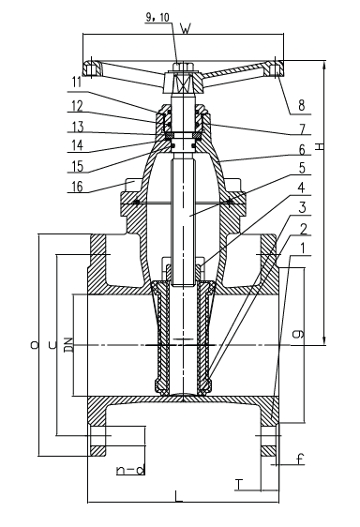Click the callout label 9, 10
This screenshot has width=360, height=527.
tap(158, 18)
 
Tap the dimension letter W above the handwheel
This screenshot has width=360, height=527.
tap(186, 29)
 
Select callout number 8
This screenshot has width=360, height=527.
tap(302, 105)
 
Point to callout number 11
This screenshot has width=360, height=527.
tap(77, 83)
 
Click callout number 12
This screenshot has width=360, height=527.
tap(77, 106)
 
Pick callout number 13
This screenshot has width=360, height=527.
tap(78, 127)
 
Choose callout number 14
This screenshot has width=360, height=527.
tap(78, 145)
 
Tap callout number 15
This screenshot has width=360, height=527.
tap(78, 166)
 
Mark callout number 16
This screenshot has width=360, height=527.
tap(78, 187)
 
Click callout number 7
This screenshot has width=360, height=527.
tap(302, 128)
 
